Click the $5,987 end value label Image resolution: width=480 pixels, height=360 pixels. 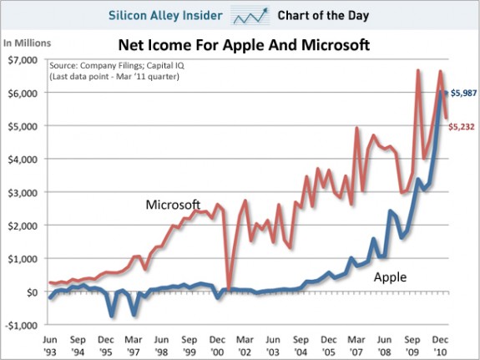point(463,93)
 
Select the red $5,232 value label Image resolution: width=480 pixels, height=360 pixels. point(462,126)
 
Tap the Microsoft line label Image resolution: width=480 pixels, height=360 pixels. point(173,205)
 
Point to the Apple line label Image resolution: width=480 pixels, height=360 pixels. point(391,277)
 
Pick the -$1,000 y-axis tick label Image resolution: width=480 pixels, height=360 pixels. point(21,325)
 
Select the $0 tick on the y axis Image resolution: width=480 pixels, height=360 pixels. point(32,292)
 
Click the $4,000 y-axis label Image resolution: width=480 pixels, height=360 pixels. point(23,160)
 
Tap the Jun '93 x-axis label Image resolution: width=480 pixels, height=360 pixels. point(49,346)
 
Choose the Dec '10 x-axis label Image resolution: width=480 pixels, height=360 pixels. point(440,346)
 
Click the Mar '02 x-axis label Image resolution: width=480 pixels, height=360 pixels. point(245,346)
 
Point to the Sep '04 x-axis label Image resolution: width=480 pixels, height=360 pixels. point(301,346)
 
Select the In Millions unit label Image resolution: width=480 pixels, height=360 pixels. point(27,43)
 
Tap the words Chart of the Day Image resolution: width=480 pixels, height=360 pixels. point(323,15)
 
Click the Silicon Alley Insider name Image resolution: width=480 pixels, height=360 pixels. point(165,15)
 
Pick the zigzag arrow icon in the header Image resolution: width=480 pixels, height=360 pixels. point(250,15)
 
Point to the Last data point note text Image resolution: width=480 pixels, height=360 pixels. point(114,76)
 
